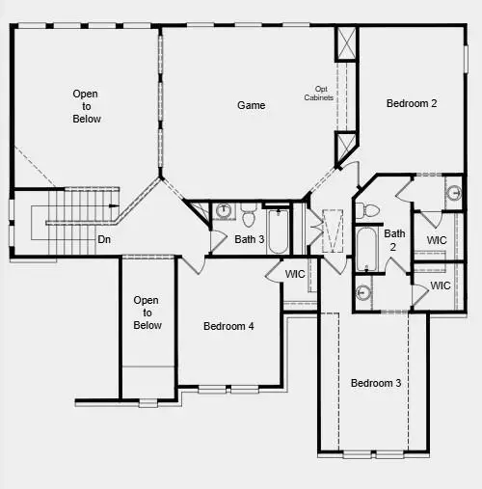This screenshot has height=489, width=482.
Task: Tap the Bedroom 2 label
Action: pyautogui.click(x=412, y=103)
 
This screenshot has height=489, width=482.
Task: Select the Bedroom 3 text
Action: pyautogui.click(x=375, y=383)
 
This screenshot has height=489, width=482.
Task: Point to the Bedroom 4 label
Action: pyautogui.click(x=228, y=326)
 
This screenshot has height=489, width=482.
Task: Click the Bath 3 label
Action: pyautogui.click(x=249, y=239)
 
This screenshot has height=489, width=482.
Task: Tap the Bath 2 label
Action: pyautogui.click(x=394, y=239)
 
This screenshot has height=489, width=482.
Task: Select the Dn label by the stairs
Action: pyautogui.click(x=104, y=239)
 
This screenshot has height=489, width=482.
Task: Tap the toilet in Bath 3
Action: pyautogui.click(x=248, y=212)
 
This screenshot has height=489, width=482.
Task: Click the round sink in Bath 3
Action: pyautogui.click(x=223, y=211)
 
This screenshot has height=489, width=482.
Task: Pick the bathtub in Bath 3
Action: pyautogui.click(x=278, y=231)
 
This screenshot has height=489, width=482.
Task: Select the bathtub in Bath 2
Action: pyautogui.click(x=366, y=249)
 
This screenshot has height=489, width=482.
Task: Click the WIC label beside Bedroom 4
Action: pyautogui.click(x=295, y=275)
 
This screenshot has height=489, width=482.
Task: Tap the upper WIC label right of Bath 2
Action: pyautogui.click(x=437, y=240)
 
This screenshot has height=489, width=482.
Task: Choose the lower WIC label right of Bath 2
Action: pyautogui.click(x=441, y=285)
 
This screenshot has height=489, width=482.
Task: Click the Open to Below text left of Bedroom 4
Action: pyautogui.click(x=147, y=312)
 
